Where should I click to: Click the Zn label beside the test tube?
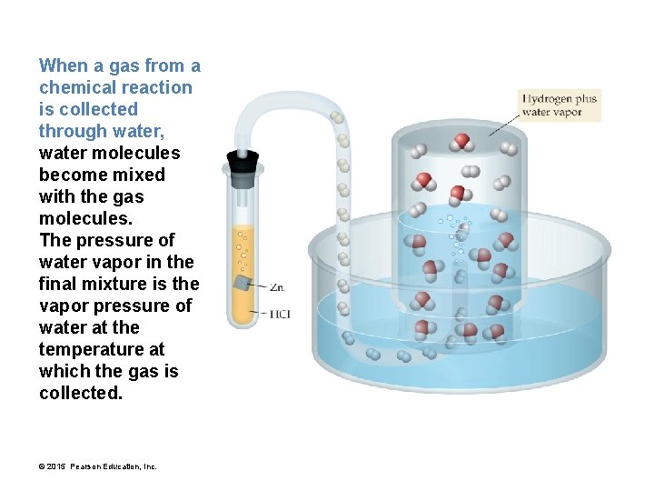(277, 287)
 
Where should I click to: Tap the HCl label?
(280, 315)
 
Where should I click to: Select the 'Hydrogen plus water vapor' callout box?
(560, 105)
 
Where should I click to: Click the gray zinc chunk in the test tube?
(243, 283)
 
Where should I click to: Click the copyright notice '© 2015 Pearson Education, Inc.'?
(98, 466)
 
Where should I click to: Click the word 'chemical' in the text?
(74, 87)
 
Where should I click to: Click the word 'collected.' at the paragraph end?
(80, 393)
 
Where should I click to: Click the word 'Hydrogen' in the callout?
(548, 98)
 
